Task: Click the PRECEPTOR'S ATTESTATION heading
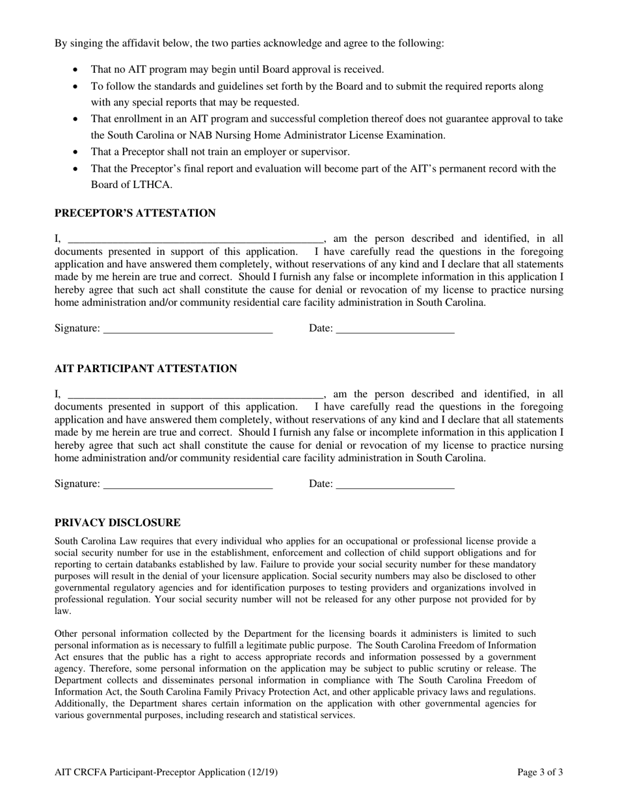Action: click(135, 213)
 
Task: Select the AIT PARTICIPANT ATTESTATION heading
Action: click(146, 369)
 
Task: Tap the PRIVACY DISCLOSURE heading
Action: click(118, 523)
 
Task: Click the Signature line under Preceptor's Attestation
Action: click(187, 329)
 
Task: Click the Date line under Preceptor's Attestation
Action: click(395, 329)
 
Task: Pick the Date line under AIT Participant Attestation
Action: click(395, 485)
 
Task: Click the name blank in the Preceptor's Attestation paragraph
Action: click(195, 239)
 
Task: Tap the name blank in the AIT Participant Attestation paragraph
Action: click(195, 395)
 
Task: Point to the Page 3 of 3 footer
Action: click(540, 773)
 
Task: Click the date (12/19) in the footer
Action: click(263, 773)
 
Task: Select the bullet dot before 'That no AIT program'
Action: click(77, 70)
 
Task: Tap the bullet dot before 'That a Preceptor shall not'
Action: click(77, 152)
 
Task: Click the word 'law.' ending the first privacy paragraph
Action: click(63, 611)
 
